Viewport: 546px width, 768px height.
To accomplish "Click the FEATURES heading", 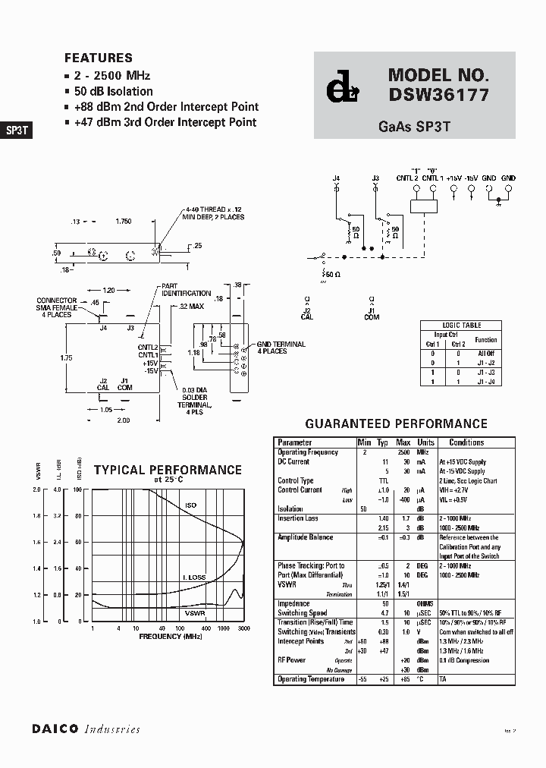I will point(99,58).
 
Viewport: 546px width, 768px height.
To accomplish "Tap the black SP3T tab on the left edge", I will point(17,130).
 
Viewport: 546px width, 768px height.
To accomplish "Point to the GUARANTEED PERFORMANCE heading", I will point(396,423).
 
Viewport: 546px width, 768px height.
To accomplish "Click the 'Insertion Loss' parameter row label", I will point(300,518).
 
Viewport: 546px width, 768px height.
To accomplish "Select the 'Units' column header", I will point(425,442).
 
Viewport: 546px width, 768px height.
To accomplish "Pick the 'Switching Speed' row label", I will point(303,613).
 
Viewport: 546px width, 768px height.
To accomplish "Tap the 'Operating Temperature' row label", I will point(311,679).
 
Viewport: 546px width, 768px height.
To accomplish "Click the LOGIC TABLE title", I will point(462,325).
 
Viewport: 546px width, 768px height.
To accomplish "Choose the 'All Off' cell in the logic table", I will point(486,353).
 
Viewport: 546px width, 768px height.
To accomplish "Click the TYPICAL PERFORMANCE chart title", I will point(168,471).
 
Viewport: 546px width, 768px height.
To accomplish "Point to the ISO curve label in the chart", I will point(190,505).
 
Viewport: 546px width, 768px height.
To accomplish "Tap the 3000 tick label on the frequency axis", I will point(243,629).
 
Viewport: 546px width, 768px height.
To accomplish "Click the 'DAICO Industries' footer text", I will point(86,729).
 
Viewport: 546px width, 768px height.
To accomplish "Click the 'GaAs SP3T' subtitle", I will point(414,127).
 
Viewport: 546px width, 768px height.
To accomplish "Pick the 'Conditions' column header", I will point(466,442).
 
